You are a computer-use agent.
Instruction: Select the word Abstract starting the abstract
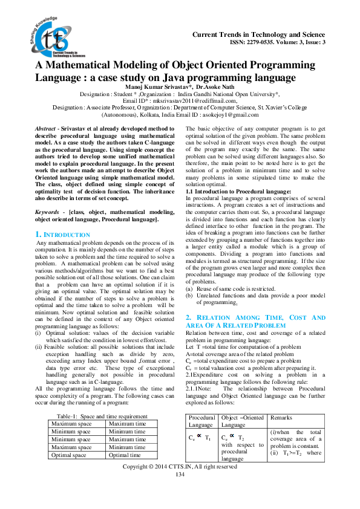point(44,129)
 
